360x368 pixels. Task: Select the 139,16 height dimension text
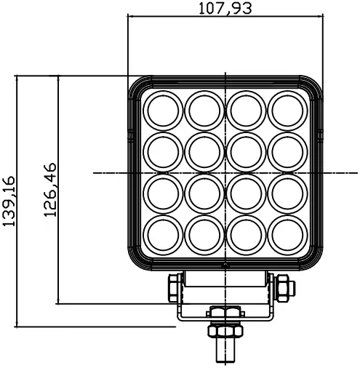pyautogui.click(x=11, y=201)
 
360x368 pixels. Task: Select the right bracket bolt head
pyautogui.click(x=282, y=287)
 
